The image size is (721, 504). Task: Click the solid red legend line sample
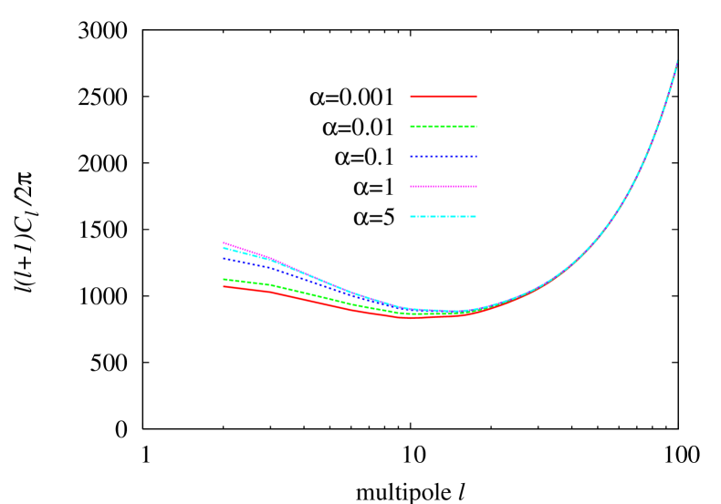point(444,97)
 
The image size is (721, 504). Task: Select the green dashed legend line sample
point(444,127)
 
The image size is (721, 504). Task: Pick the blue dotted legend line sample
point(444,157)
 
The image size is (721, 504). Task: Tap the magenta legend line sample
point(444,187)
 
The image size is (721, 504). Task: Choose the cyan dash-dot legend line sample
point(444,217)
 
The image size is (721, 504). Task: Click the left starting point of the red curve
point(224,286)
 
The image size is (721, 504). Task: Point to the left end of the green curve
point(224,280)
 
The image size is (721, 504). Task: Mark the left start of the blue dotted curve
point(224,259)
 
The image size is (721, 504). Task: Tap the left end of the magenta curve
point(224,242)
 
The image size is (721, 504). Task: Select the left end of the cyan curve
point(224,248)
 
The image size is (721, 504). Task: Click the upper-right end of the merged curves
point(677,61)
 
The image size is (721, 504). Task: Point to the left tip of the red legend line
point(411,97)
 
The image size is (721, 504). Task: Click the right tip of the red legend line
point(476,97)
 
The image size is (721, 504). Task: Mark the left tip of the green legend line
point(411,127)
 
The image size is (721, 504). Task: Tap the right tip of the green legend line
point(476,127)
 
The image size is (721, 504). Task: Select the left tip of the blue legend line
point(411,157)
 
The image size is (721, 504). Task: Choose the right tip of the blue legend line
point(476,157)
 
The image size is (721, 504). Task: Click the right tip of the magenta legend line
point(476,187)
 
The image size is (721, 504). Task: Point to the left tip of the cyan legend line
point(411,217)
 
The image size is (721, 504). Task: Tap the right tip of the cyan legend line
point(476,217)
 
